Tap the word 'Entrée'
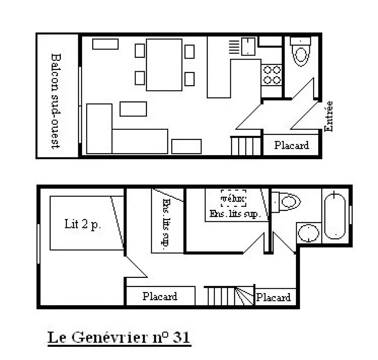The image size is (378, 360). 328,116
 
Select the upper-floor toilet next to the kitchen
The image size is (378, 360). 301,51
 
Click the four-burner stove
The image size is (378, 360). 272,75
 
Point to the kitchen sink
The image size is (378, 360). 248,46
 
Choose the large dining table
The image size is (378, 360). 164,65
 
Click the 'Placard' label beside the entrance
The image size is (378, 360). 291,145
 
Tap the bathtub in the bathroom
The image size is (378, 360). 335,216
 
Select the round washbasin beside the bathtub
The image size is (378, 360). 308,233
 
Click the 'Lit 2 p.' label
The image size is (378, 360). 82,224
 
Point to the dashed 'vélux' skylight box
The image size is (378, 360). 234,198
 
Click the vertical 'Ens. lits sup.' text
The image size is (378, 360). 166,224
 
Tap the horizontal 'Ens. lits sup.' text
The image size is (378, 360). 235,214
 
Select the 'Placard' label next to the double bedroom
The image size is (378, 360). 160,296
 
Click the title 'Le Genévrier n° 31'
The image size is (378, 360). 119,337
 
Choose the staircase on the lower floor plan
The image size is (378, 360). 229,296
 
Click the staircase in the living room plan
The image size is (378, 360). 246,146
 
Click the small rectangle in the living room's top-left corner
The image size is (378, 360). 105,44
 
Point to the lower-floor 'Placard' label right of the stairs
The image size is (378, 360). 273,297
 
